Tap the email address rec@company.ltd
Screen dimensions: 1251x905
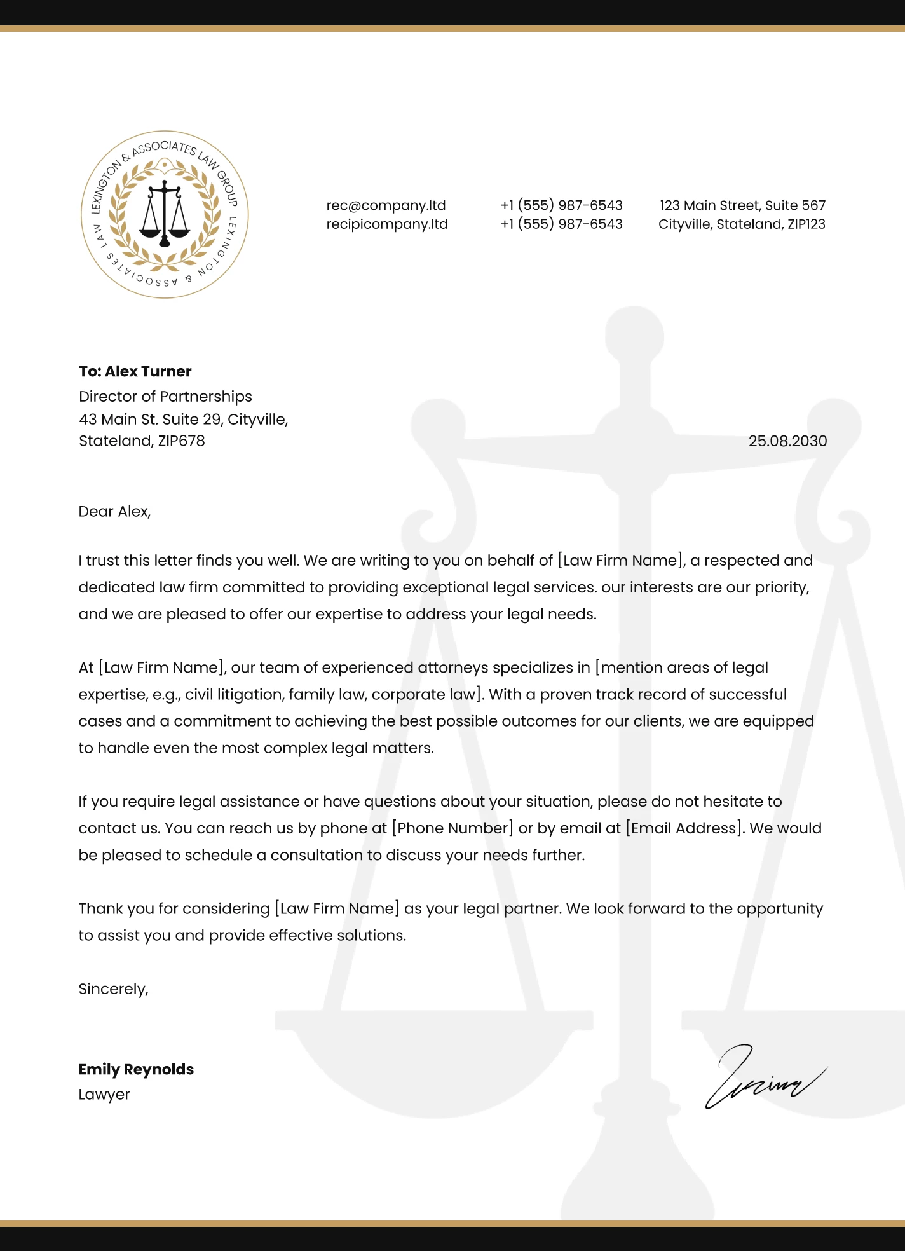[386, 205]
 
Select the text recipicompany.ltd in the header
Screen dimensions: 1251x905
[387, 224]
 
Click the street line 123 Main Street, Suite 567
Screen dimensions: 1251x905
[742, 205]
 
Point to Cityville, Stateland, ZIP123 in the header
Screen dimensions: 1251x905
[742, 224]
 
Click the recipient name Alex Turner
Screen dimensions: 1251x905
[148, 371]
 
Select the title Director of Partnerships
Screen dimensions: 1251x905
[165, 397]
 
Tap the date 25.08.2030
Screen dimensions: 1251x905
[787, 441]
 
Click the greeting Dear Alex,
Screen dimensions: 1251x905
[114, 512]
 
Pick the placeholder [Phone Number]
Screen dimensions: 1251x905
[452, 828]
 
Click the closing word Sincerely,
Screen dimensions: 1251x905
[113, 989]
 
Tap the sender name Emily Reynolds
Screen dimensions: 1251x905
[136, 1069]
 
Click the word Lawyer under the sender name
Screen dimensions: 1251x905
[104, 1095]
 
